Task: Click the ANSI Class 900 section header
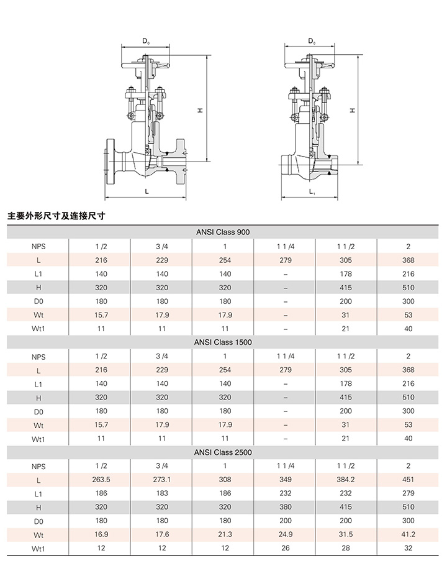pyautogui.click(x=223, y=232)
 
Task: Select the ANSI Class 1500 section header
pyautogui.click(x=223, y=342)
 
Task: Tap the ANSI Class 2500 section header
pyautogui.click(x=223, y=452)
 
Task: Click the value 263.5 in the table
pyautogui.click(x=101, y=480)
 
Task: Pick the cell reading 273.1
pyautogui.click(x=162, y=480)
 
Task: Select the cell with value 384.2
pyautogui.click(x=346, y=480)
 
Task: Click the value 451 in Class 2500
pyautogui.click(x=408, y=480)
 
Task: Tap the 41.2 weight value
pyautogui.click(x=408, y=534)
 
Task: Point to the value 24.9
pyautogui.click(x=286, y=534)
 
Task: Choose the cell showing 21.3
pyautogui.click(x=225, y=534)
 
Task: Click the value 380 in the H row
pyautogui.click(x=286, y=507)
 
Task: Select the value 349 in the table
pyautogui.click(x=286, y=480)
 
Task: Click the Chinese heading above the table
pyautogui.click(x=56, y=216)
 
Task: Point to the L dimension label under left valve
pyautogui.click(x=147, y=191)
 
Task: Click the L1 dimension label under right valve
pyautogui.click(x=312, y=191)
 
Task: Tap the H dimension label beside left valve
pyautogui.click(x=200, y=110)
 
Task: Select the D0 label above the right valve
pyautogui.click(x=312, y=41)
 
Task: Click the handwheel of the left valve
pyautogui.click(x=145, y=65)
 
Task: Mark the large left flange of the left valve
pyautogui.click(x=110, y=161)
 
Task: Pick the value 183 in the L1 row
pyautogui.click(x=162, y=493)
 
